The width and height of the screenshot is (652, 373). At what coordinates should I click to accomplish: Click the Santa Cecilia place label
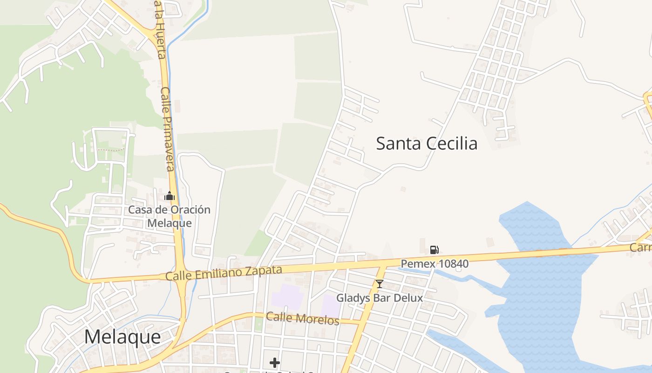(427, 144)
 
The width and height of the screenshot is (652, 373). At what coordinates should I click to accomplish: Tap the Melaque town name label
(122, 337)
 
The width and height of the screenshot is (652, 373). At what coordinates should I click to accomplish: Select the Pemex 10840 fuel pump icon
(434, 250)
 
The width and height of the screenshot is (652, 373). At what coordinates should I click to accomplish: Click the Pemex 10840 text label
(435, 264)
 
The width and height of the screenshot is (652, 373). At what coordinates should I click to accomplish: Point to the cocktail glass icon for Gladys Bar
(380, 283)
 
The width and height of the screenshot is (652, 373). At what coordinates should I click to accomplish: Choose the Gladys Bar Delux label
(380, 298)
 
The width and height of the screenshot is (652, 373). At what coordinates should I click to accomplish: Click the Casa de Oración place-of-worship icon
(170, 196)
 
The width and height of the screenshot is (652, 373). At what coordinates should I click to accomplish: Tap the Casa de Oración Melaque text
(169, 216)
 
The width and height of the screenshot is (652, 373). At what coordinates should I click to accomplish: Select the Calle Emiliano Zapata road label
(224, 273)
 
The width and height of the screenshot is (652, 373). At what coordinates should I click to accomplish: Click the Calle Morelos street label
(303, 318)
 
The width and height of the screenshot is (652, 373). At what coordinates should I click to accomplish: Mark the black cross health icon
(275, 362)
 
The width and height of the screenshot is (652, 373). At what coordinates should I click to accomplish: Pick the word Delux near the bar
(410, 298)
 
